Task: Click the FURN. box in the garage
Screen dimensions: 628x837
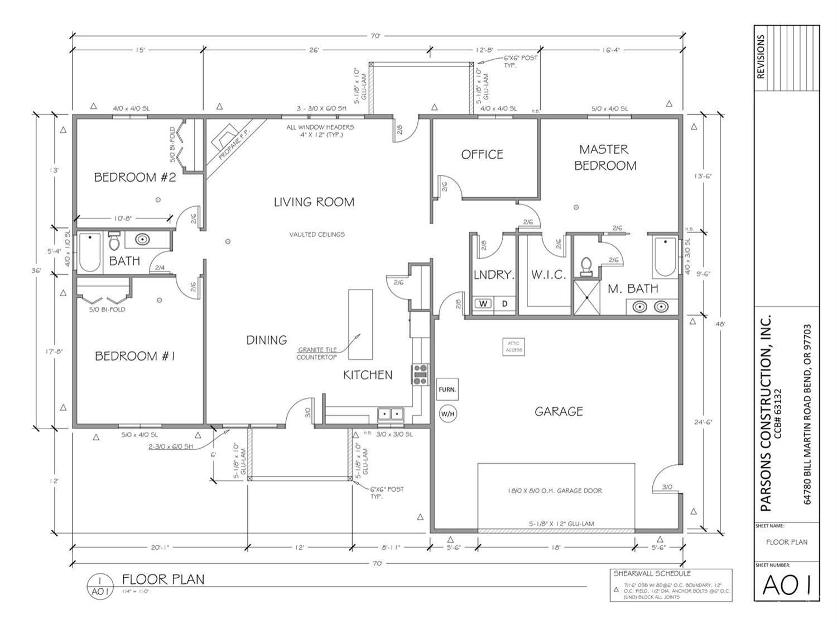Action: point(447,389)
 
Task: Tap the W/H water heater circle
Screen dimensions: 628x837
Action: point(448,414)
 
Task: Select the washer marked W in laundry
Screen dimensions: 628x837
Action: point(483,303)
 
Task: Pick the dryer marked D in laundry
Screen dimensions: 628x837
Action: point(505,303)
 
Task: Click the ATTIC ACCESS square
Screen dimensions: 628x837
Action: point(513,347)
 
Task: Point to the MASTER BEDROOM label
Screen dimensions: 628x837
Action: point(605,158)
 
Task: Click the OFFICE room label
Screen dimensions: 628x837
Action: point(482,154)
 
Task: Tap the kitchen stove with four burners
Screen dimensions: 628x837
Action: point(420,374)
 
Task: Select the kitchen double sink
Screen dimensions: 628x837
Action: point(391,414)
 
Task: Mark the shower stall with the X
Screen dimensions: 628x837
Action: point(587,297)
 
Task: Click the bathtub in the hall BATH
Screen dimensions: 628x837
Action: point(89,253)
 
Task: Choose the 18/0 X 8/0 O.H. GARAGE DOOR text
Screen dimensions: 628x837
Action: point(555,491)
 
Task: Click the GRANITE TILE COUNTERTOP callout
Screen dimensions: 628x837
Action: point(316,354)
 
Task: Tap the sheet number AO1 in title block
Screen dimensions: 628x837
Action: point(786,585)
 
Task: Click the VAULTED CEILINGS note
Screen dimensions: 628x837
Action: point(316,234)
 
